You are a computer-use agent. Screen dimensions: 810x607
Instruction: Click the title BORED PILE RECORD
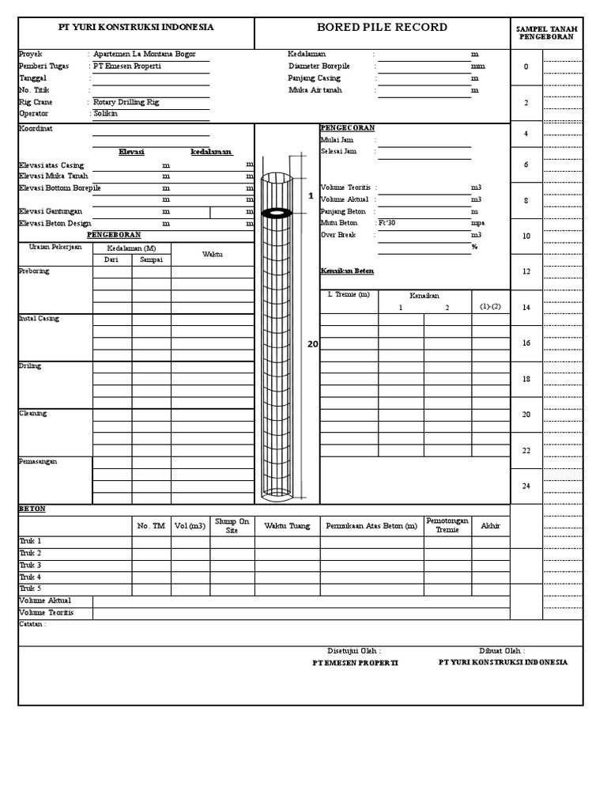pos(382,28)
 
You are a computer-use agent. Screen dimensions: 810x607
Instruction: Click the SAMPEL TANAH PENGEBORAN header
pos(546,32)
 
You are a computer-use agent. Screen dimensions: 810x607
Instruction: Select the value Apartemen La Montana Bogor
pos(145,54)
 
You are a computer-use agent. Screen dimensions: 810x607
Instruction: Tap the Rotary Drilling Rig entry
pos(126,102)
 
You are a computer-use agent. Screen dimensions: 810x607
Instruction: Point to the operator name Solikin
pos(105,114)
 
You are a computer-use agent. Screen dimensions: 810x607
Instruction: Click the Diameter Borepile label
pos(319,66)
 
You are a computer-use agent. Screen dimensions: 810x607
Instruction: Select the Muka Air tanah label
pos(315,90)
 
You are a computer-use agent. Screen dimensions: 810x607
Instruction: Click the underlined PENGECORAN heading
pos(347,127)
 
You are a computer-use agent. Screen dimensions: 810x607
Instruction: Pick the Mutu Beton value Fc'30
pos(387,223)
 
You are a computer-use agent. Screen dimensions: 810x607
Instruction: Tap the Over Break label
pos(338,235)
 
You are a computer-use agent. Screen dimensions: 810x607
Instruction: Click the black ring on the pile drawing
pos(277,212)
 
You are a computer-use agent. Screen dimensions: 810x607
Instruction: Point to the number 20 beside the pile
pos(313,344)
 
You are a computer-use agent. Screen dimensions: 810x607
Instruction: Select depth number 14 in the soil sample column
pos(526,307)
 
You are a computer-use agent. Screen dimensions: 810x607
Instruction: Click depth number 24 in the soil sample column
pos(526,486)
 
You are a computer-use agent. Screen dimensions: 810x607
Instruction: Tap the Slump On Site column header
pos(232,526)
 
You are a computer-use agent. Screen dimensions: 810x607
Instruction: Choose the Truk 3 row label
pos(30,566)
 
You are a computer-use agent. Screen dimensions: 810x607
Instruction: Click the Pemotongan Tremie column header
pos(447,525)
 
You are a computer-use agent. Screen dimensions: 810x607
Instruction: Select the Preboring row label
pos(33,271)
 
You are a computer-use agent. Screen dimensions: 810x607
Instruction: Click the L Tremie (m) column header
pos(349,295)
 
